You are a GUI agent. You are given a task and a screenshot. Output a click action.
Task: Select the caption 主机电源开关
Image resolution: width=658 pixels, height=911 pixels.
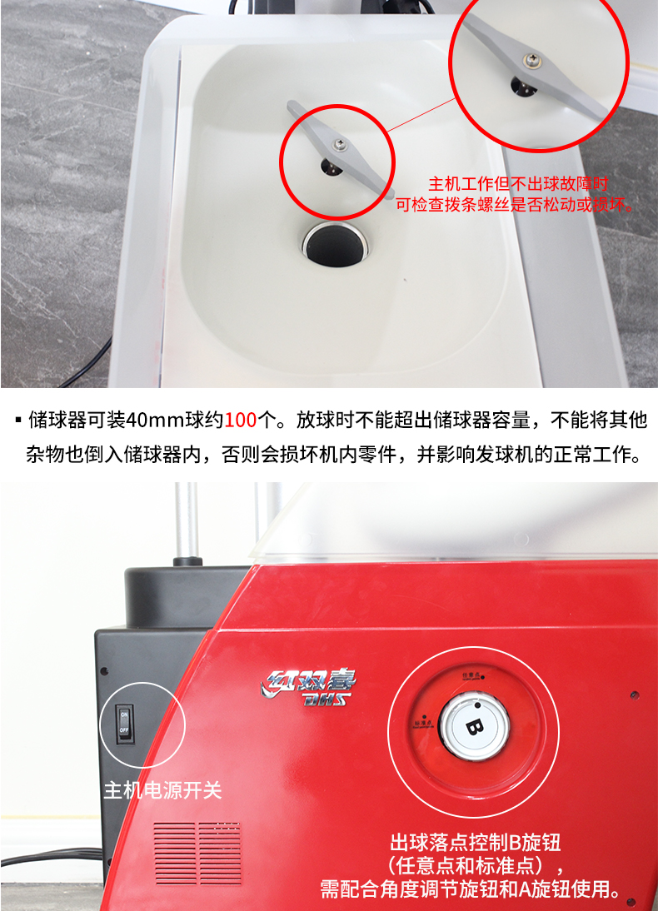(162, 789)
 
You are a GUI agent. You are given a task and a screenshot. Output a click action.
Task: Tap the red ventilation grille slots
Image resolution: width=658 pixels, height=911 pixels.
(197, 853)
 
